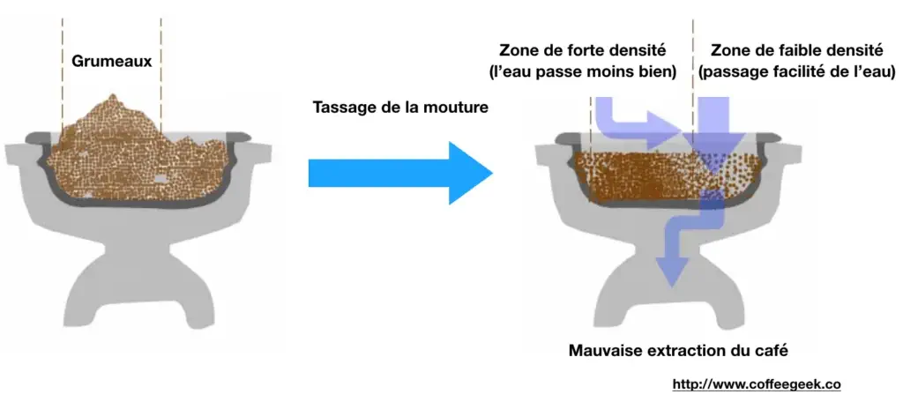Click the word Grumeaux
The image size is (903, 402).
tap(112, 61)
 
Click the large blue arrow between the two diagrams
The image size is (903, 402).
tap(401, 173)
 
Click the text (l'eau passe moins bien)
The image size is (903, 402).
tap(582, 72)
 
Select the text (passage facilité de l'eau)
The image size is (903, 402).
tap(796, 72)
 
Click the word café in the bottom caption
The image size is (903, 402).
tap(771, 350)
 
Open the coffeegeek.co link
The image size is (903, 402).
tap(757, 384)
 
